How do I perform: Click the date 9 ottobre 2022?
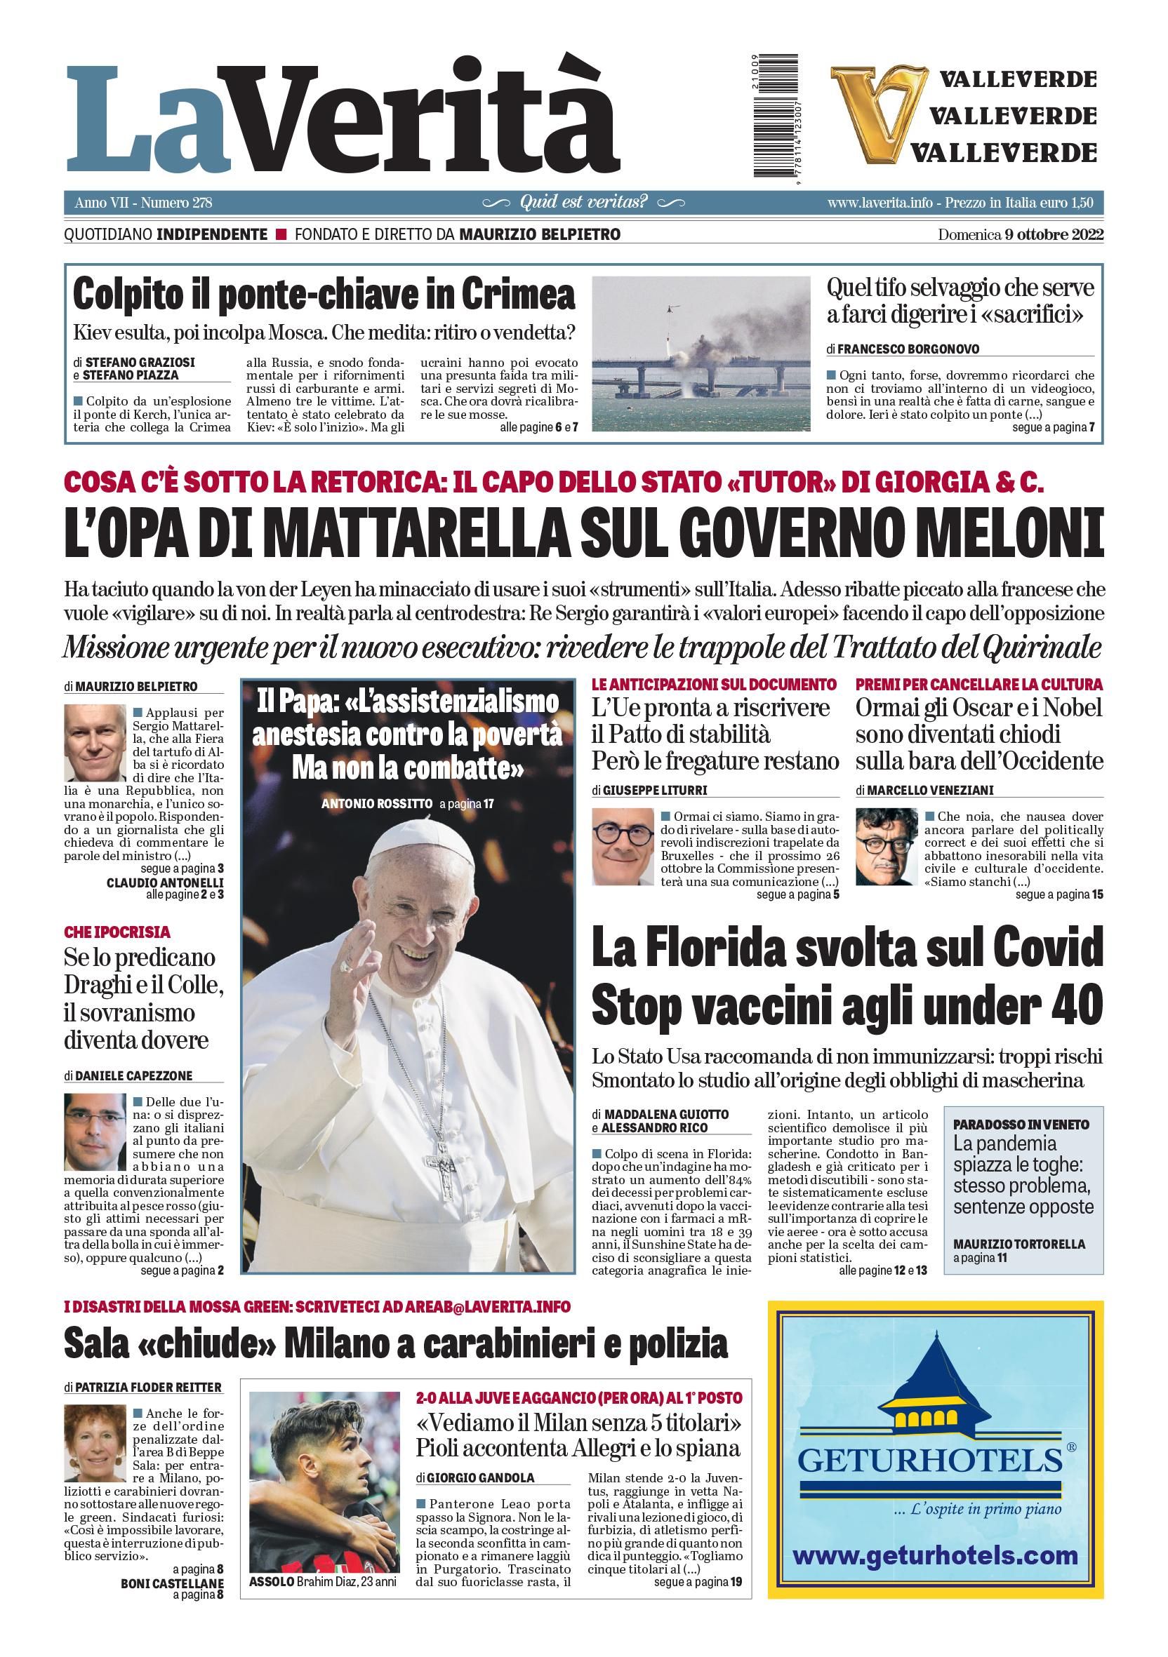pos(1053,234)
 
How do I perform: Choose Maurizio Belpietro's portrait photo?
pos(95,743)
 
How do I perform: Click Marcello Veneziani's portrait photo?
pos(887,846)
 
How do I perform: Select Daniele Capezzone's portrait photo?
pos(95,1132)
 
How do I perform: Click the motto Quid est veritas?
pos(583,202)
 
